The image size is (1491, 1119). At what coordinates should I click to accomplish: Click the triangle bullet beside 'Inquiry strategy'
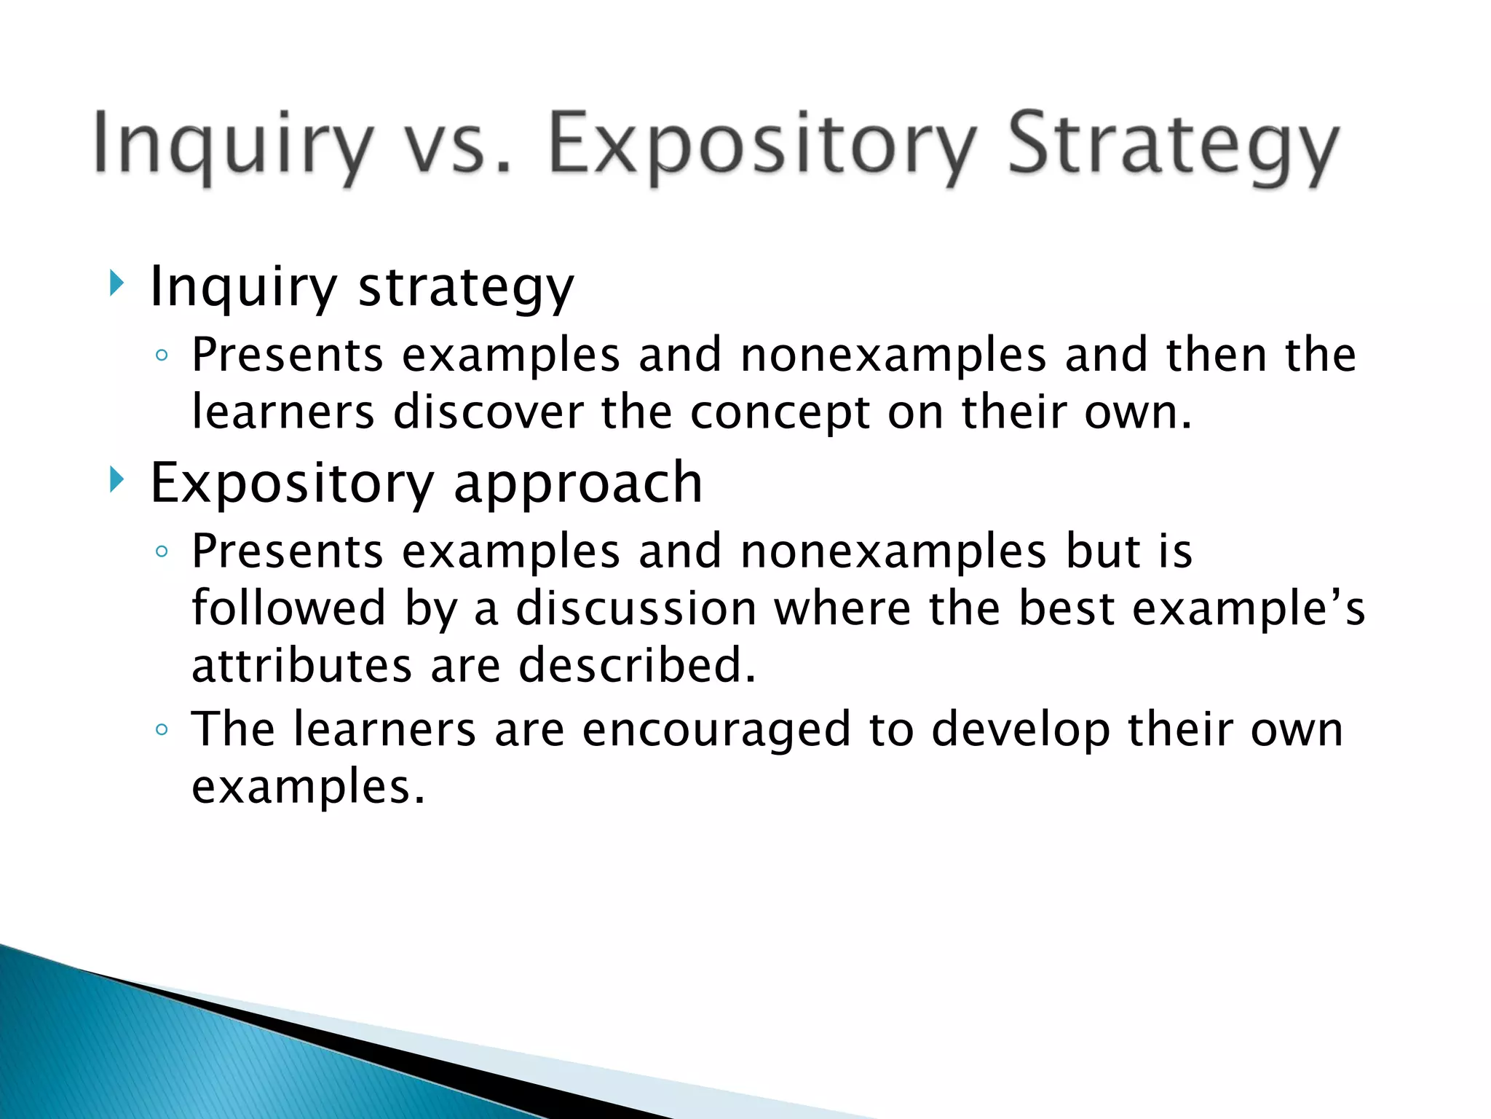[x=116, y=283]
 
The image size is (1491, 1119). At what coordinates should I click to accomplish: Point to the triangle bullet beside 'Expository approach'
[x=116, y=480]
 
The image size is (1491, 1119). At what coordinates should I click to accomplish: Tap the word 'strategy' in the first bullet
[x=466, y=287]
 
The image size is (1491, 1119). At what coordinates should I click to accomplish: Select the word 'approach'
[x=578, y=484]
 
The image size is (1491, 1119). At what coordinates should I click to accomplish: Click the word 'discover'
[x=489, y=412]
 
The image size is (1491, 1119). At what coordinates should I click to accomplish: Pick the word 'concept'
[x=780, y=414]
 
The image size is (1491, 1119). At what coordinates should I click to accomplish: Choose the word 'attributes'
[x=301, y=666]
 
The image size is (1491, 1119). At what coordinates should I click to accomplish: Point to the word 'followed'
[x=288, y=608]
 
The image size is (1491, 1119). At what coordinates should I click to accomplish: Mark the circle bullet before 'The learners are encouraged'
[x=162, y=729]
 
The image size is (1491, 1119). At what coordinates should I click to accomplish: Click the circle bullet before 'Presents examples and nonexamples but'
[x=162, y=551]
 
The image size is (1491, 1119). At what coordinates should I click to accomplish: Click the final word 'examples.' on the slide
[x=308, y=788]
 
